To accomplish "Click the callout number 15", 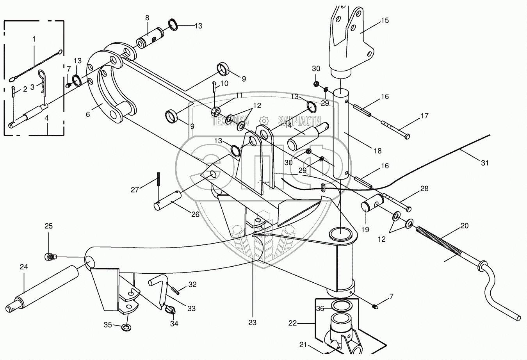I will point(385,20).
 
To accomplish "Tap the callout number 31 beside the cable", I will point(484,163).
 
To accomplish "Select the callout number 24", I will point(24,267).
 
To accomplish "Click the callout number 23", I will point(253,323).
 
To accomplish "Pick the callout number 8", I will point(147,18).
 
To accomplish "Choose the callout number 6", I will point(88,114).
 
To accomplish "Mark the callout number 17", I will point(424,116).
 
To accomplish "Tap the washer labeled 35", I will point(126,327).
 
